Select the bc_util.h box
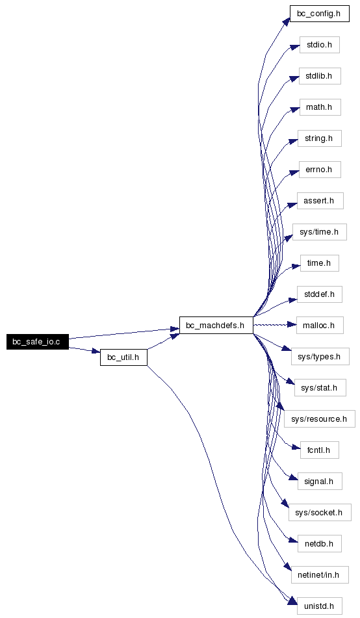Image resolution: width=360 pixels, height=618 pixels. [123, 357]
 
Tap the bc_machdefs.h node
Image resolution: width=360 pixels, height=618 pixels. [216, 325]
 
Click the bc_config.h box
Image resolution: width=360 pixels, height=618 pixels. [320, 14]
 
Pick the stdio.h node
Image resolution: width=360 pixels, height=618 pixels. [320, 45]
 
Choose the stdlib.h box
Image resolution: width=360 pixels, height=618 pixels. [320, 76]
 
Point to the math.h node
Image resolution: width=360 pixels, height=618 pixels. [320, 107]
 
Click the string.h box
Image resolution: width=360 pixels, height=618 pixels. [320, 138]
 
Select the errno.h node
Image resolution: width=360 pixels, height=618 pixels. [320, 170]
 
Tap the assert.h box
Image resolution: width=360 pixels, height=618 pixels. [320, 201]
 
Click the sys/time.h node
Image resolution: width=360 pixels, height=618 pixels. [320, 232]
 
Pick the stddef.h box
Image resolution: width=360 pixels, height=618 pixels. [320, 294]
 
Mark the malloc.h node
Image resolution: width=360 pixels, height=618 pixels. [320, 325]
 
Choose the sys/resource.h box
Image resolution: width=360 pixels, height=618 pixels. [320, 419]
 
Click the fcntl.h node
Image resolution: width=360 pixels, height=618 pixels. [320, 450]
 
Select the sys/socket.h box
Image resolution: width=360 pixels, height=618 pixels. [320, 513]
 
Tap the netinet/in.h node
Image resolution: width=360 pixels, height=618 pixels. [320, 575]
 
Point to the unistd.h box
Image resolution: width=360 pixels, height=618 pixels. [320, 606]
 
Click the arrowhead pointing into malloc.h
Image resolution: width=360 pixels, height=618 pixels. [292, 325]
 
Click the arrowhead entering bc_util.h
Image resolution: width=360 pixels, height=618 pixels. [96, 351]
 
